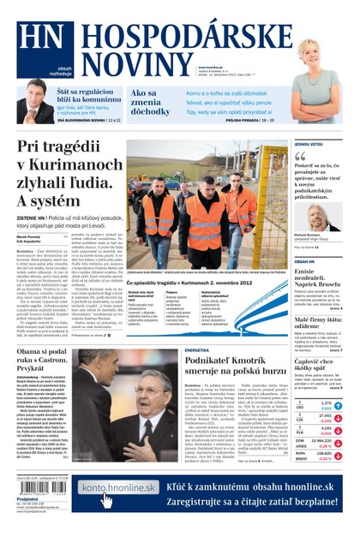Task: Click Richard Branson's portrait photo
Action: pyautogui.click(x=320, y=217)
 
